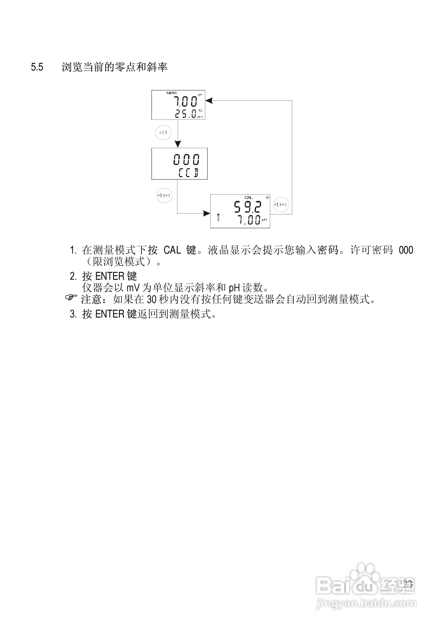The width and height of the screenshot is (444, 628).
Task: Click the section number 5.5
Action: (37, 67)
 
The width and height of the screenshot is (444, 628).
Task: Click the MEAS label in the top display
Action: (172, 93)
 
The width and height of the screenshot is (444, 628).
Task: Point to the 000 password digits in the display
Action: (186, 159)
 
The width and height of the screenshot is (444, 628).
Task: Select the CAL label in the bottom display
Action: (248, 197)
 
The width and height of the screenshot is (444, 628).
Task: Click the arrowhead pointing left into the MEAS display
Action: (209, 101)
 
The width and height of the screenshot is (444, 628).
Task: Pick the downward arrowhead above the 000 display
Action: (178, 144)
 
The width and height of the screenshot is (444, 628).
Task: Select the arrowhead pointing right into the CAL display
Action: (207, 213)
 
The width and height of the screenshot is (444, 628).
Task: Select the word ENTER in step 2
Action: (110, 276)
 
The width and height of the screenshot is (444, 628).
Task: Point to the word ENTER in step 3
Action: (110, 314)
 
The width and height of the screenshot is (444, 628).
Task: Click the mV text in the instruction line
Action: (133, 288)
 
